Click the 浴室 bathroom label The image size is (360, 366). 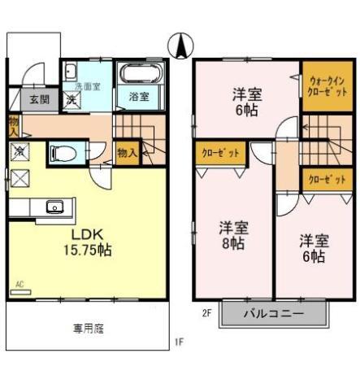pyautogui.click(x=138, y=97)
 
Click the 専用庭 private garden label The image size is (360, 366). pyautogui.click(x=88, y=329)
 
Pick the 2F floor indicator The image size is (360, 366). pyautogui.click(x=206, y=311)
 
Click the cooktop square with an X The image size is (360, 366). pyautogui.click(x=18, y=181)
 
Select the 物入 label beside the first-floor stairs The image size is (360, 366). pyautogui.click(x=127, y=152)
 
